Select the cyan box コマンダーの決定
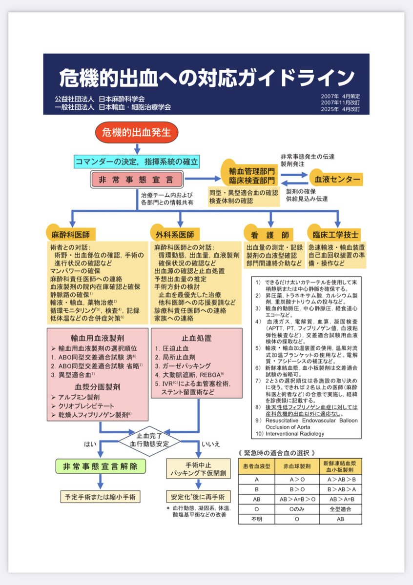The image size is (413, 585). [137, 161]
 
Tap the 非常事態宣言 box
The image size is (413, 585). [137, 180]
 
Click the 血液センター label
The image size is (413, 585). [337, 180]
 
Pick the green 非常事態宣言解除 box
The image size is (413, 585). [101, 466]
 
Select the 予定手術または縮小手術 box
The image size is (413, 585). [101, 497]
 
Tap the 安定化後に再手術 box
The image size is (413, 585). [198, 497]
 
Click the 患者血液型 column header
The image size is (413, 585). [257, 466]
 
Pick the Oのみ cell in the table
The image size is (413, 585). [297, 509]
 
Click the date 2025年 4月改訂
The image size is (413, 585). [340, 110]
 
